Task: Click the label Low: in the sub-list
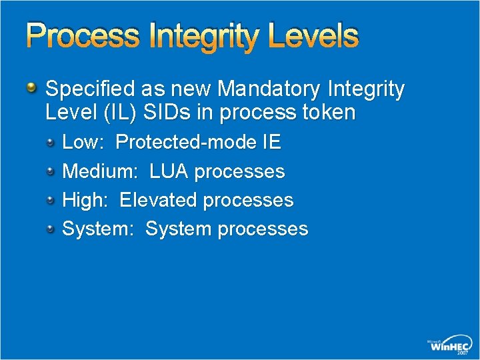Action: [x=82, y=142]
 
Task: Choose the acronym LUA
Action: [x=169, y=171]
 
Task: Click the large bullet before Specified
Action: [x=32, y=88]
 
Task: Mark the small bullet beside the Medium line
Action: [x=51, y=171]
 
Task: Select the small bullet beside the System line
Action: [x=51, y=229]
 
